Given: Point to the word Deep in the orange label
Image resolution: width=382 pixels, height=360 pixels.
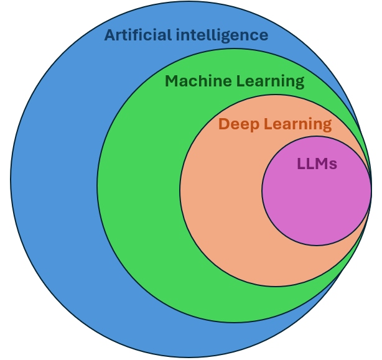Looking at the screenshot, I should click(x=237, y=124).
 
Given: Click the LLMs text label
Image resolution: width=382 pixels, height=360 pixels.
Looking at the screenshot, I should click(x=317, y=164).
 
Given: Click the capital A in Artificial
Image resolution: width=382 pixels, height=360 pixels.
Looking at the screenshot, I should click(x=110, y=35).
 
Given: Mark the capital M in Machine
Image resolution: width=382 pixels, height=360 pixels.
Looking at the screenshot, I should click(x=172, y=81).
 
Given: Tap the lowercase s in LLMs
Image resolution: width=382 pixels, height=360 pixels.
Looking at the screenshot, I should click(x=333, y=165).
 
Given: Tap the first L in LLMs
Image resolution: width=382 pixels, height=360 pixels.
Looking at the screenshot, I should click(x=301, y=164).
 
